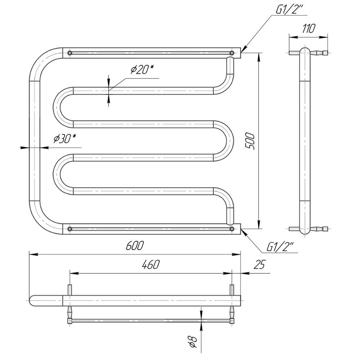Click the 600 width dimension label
(135, 246)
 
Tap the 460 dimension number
(150, 265)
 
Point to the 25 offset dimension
(259, 265)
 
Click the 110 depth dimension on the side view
(308, 28)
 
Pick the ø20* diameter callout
(142, 69)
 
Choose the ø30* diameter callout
(65, 139)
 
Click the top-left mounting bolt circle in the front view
(70, 53)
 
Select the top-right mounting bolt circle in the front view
(232, 53)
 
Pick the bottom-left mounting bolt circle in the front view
(70, 229)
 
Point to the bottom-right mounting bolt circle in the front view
(232, 229)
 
